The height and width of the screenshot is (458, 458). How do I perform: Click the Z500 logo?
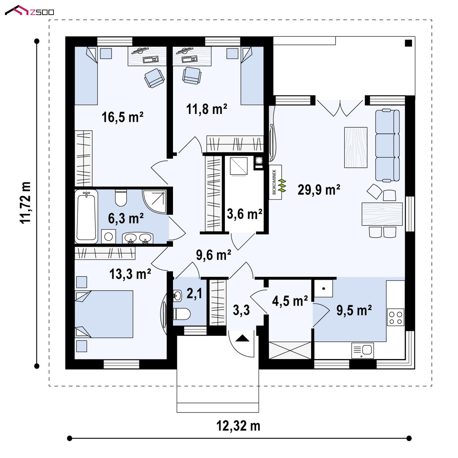29,11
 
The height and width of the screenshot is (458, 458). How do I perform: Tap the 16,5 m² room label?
122,117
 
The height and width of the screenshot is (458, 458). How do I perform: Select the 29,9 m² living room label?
319,190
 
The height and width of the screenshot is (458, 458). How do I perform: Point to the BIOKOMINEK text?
274,182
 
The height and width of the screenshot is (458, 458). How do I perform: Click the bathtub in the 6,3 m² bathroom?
86,216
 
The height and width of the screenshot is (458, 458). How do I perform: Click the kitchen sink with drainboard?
362,351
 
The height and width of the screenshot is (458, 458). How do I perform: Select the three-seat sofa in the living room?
387,146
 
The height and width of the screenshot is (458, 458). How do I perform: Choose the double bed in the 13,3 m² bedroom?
104,314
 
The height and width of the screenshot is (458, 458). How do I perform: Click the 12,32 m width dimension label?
238,426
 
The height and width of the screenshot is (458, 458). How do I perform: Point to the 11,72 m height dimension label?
25,203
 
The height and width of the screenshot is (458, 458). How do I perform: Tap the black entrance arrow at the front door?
242,338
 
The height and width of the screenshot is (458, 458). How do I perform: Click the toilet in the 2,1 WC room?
182,314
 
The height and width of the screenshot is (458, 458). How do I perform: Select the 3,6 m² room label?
245,214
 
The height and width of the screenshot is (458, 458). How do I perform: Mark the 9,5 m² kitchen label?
354,310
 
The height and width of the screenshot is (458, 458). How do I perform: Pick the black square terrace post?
408,43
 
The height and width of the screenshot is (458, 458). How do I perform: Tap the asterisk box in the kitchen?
324,288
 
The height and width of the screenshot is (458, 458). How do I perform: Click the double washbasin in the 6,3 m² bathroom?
138,238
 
